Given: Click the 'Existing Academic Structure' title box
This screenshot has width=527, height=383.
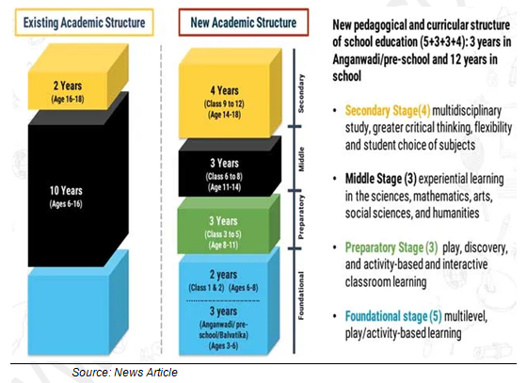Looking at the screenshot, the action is pyautogui.click(x=84, y=23).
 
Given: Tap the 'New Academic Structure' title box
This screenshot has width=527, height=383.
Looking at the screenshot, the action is pyautogui.click(x=244, y=23).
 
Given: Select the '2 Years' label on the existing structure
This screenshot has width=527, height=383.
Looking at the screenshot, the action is pyautogui.click(x=68, y=86).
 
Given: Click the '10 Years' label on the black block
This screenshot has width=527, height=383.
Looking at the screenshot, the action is pyautogui.click(x=66, y=190).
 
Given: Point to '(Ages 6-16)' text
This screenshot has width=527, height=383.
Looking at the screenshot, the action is pyautogui.click(x=66, y=204).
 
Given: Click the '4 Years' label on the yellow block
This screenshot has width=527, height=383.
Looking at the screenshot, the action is pyautogui.click(x=225, y=90).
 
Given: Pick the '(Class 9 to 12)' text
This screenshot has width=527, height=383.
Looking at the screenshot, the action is pyautogui.click(x=224, y=104).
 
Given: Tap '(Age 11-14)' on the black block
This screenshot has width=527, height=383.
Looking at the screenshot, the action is pyautogui.click(x=224, y=187).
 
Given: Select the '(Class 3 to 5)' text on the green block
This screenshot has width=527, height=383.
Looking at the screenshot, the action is pyautogui.click(x=223, y=234).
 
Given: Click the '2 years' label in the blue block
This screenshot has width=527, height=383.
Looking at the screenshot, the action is pyautogui.click(x=224, y=275).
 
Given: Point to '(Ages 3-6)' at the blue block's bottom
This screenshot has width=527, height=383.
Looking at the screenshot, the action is pyautogui.click(x=224, y=345).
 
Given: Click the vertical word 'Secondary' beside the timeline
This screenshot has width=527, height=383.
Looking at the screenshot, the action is pyautogui.click(x=301, y=93).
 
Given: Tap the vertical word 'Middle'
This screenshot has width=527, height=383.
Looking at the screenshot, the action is pyautogui.click(x=301, y=159).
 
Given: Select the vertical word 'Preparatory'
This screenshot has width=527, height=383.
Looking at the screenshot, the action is pyautogui.click(x=301, y=217).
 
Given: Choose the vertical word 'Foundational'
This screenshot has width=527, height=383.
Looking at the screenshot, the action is pyautogui.click(x=301, y=295).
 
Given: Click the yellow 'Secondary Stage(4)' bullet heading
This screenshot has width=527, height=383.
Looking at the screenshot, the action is pyautogui.click(x=388, y=110).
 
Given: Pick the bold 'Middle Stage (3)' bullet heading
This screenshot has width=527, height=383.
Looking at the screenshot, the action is pyautogui.click(x=381, y=179).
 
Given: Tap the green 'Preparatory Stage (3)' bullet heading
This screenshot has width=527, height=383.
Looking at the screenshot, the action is pyautogui.click(x=391, y=247).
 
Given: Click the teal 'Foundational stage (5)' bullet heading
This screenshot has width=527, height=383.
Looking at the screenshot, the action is pyautogui.click(x=393, y=316).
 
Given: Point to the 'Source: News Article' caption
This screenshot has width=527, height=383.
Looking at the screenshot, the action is pyautogui.click(x=124, y=373).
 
